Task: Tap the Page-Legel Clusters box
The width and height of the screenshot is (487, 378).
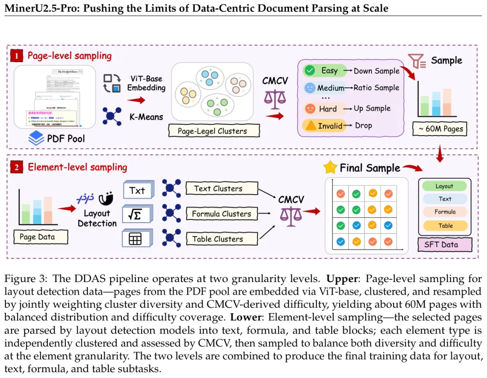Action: pos(214,131)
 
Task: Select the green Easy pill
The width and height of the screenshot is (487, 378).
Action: pos(324,70)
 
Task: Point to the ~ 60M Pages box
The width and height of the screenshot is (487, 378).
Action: pos(440,128)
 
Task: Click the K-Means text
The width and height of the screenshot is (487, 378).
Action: pos(146,116)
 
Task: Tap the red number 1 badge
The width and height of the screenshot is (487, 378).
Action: pos(17,56)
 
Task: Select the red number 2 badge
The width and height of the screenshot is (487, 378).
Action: pos(17,168)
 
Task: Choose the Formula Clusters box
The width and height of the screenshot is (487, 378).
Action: pos(221,214)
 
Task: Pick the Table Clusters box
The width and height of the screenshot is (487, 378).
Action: pos(219,239)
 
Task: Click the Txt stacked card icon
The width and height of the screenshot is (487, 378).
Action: pos(137,190)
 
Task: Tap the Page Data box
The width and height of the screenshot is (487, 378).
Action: pos(37,237)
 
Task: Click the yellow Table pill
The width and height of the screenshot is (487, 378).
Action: pos(445,226)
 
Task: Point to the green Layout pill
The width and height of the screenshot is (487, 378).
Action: pos(444,186)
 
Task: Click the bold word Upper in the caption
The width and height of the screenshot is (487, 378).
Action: pos(342,278)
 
